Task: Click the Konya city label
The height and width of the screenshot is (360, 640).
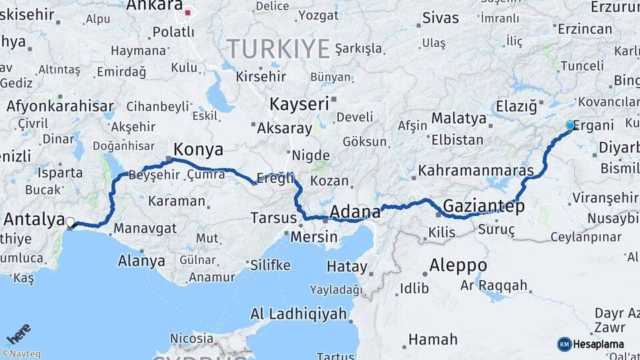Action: [198, 149]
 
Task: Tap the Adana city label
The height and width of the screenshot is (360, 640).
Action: [355, 212]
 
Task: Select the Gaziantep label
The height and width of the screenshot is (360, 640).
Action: [483, 206]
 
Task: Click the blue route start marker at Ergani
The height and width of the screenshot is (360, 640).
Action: [570, 125]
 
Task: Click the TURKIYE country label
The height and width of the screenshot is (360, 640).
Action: [278, 49]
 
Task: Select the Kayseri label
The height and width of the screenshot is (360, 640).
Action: [299, 104]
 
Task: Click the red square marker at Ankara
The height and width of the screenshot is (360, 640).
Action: [188, 12]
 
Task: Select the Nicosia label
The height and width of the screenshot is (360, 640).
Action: [192, 338]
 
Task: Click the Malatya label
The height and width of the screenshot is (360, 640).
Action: [459, 119]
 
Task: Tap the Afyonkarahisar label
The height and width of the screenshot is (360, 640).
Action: [60, 106]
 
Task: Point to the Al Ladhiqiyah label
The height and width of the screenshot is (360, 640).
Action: [299, 313]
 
